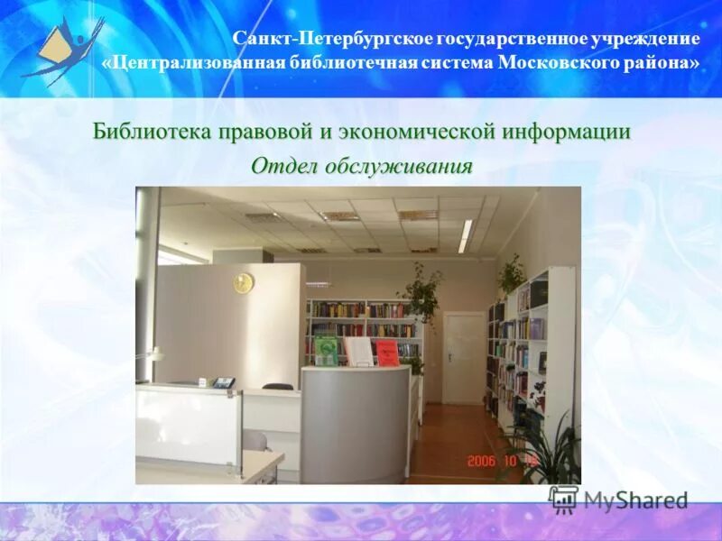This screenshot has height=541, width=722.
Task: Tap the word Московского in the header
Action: tap(559, 63)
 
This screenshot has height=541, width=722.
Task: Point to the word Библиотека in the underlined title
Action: tap(151, 132)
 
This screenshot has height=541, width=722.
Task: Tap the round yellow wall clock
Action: tap(243, 283)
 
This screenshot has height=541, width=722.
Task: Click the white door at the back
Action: tap(464, 357)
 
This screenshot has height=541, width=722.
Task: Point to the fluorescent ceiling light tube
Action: tap(465, 235)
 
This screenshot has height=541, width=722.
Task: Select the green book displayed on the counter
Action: tap(326, 351)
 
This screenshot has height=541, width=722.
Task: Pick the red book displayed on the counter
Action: tap(387, 352)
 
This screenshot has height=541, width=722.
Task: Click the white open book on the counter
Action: tap(358, 350)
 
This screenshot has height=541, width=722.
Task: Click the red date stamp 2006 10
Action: tap(503, 461)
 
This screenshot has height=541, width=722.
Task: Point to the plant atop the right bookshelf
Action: tap(511, 274)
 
